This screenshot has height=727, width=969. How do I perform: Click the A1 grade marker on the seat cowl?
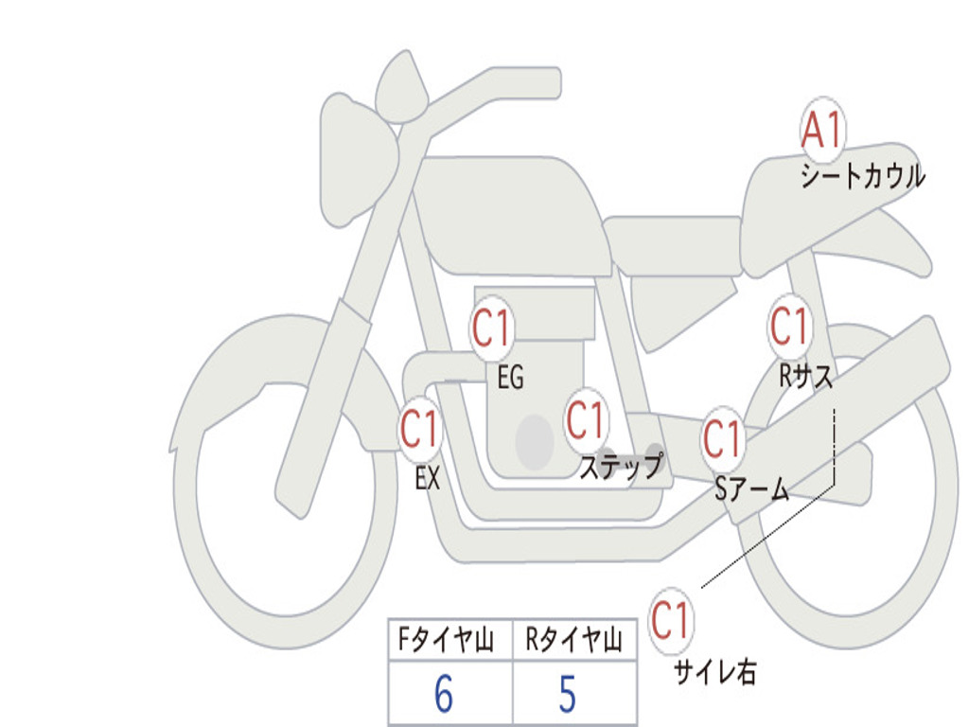click(822, 129)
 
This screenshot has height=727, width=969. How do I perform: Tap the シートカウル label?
click(863, 175)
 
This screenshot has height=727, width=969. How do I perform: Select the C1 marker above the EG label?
click(492, 328)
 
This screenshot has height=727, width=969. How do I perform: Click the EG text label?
click(510, 377)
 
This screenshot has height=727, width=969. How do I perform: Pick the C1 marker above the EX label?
click(419, 428)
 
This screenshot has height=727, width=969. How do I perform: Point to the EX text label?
click(428, 478)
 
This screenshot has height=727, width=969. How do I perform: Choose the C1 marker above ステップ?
click(586, 419)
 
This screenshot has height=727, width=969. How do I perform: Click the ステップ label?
click(621, 465)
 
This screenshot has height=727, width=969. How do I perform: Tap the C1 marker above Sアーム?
click(722, 438)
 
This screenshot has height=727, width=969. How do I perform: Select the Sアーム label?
click(752, 489)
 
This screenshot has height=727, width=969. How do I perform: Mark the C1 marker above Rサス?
click(789, 326)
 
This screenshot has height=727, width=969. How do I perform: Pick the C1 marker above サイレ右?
click(671, 620)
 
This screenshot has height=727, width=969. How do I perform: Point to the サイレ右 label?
click(715, 671)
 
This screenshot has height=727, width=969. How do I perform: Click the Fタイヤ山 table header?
click(447, 639)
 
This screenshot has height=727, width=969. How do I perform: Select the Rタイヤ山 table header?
click(573, 639)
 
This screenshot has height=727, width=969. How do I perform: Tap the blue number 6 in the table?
click(444, 694)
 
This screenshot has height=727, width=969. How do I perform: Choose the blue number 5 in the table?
click(568, 694)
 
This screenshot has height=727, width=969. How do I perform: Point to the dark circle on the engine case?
click(535, 442)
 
